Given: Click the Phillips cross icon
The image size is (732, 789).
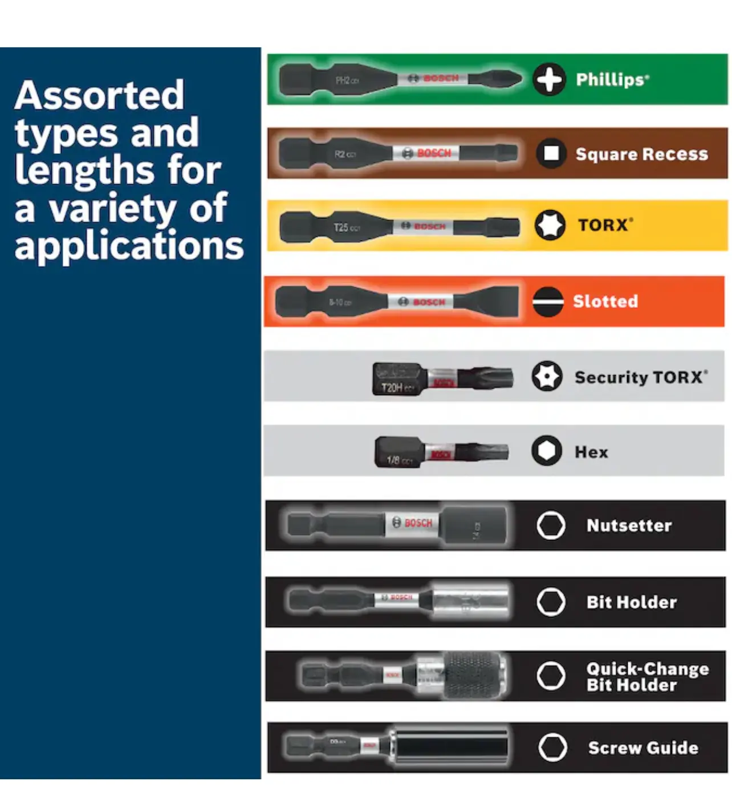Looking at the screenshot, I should click(x=549, y=79).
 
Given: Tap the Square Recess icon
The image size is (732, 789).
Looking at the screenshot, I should click(x=551, y=153).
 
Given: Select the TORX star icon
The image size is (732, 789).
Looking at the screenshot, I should click(x=550, y=225).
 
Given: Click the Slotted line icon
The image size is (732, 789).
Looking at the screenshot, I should click(x=548, y=301).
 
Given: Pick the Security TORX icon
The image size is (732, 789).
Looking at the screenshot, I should click(x=547, y=376).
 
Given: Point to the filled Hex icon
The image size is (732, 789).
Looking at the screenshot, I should click(x=546, y=451).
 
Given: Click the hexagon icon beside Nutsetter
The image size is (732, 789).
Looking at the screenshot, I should click(x=551, y=525).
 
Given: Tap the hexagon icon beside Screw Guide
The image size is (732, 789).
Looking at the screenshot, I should click(x=552, y=747).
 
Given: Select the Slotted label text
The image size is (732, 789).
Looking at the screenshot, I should click(x=605, y=301).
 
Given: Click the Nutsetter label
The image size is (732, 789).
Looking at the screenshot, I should click(x=629, y=525).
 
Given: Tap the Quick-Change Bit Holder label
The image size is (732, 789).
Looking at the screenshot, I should click(x=648, y=677).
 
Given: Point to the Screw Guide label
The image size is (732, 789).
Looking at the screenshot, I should click(x=643, y=747).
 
